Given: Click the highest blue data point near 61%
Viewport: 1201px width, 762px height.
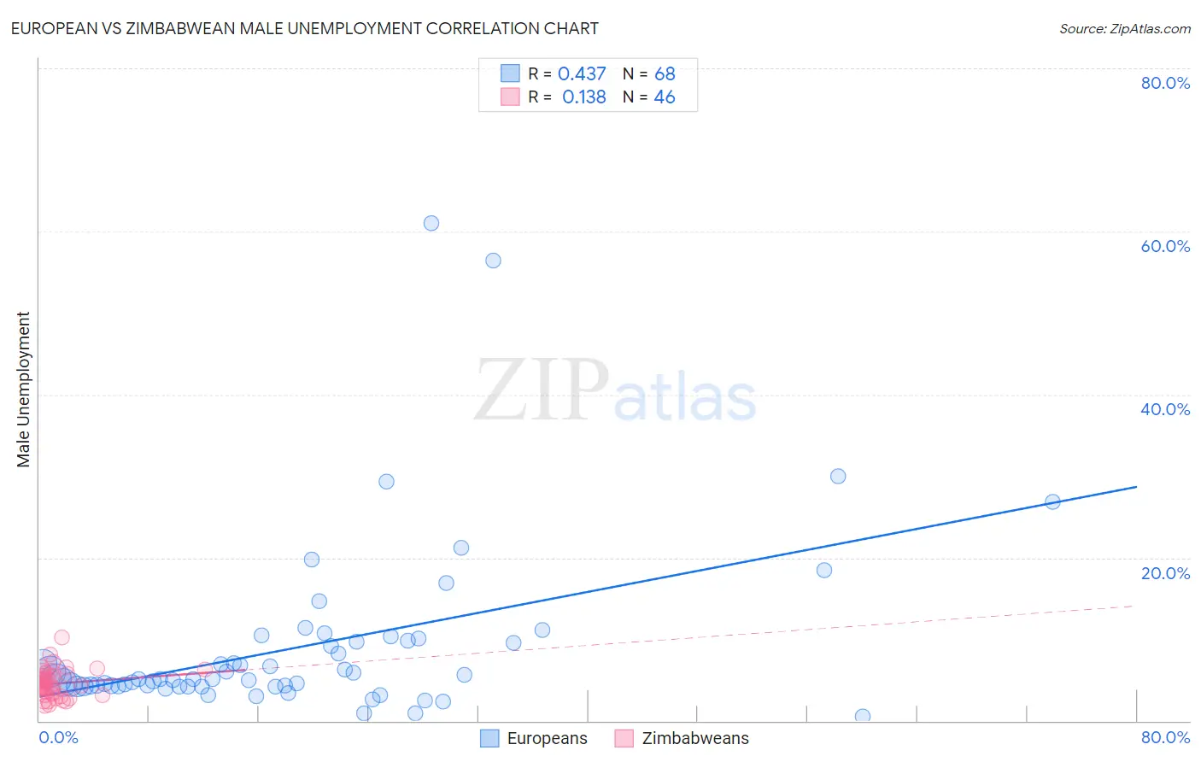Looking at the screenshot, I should coord(431,223).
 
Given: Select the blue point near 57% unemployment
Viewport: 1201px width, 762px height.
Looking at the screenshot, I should coord(493,261).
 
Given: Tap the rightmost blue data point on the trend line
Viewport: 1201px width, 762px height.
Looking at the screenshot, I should coord(1052,501).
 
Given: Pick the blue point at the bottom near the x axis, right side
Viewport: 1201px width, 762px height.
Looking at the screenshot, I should coord(863,716).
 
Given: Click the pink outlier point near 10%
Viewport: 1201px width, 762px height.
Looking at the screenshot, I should coord(62,637).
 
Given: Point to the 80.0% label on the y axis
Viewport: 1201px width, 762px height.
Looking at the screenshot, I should coord(1165,83).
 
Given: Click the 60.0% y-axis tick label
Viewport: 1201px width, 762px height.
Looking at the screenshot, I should coord(1165,246).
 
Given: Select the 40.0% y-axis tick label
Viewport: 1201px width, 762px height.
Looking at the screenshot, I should coord(1165,409).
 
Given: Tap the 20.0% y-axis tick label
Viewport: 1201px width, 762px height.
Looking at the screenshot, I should coord(1165,573).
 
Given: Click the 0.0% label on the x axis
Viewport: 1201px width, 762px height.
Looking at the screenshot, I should coord(58,737).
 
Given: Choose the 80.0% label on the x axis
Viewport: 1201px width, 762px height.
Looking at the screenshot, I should coord(1165,737).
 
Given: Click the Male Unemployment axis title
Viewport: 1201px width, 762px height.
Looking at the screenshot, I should coord(24,390).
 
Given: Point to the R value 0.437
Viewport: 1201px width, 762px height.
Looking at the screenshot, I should coord(582,74).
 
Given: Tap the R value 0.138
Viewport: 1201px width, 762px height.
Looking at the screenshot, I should coord(584,97).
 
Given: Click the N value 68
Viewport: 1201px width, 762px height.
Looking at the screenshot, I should coord(665,74).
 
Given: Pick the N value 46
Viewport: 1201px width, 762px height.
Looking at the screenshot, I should coord(665,97).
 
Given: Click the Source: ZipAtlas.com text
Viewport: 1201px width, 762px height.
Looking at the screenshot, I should coord(1125,29).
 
